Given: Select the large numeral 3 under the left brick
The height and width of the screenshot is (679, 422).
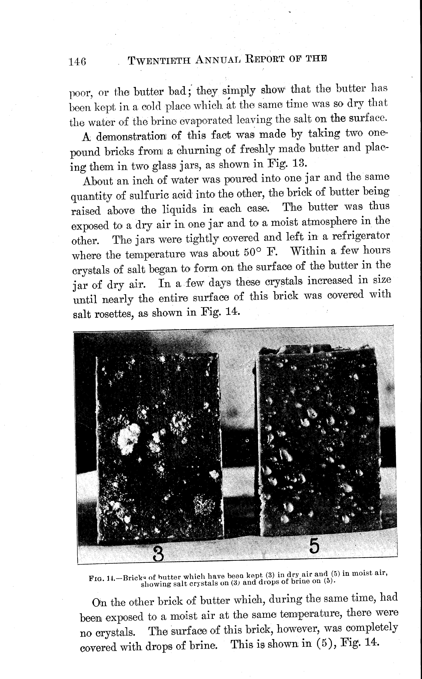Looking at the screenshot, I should tap(158, 554).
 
